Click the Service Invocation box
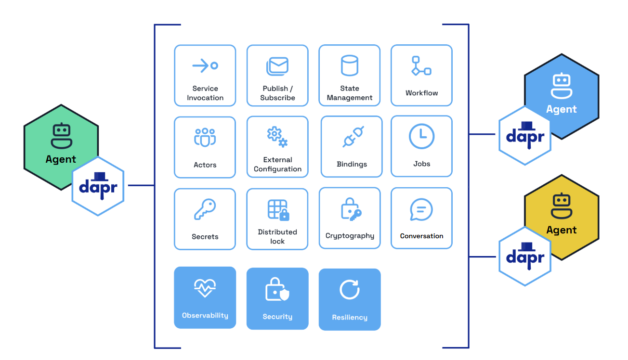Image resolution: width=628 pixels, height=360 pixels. pos(205,76)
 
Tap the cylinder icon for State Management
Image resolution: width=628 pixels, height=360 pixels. pos(350,65)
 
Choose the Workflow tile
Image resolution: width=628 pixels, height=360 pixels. pos(421,76)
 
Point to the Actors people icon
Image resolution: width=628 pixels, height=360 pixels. pos(205,137)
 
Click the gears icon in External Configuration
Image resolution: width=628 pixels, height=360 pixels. pos(277,136)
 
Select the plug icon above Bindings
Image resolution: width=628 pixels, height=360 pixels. pos(353,137)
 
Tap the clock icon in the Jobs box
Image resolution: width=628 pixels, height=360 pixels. pos(421,136)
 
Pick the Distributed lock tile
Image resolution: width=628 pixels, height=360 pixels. pos(277,219)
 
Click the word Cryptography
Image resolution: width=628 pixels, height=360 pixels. pos(350,236)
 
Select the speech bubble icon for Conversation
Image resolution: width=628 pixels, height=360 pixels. pos(421,210)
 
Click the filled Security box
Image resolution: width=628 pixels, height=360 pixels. pos(277,298)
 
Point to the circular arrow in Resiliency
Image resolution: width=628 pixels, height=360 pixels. pos(350,290)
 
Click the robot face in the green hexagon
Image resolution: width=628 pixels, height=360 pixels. pos(61,136)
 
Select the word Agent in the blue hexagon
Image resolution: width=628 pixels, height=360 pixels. pos(562,109)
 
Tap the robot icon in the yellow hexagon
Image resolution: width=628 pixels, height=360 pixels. pos(562,206)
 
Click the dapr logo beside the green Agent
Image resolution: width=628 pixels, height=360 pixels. pos(98,186)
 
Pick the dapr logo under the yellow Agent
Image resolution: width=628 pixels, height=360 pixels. pos(525,256)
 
